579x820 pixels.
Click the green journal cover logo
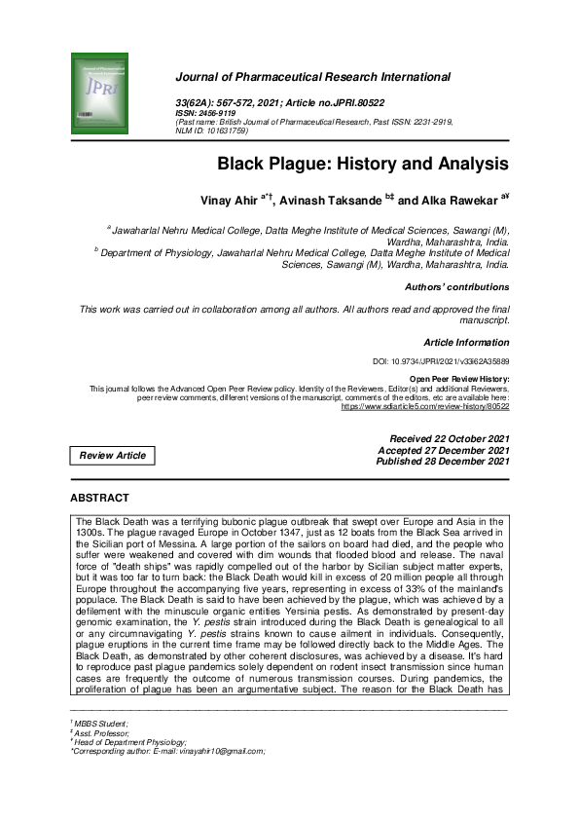[x=99, y=94]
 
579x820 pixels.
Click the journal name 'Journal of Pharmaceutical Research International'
[x=312, y=76]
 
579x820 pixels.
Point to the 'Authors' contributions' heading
[x=456, y=287]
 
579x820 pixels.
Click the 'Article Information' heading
[x=466, y=343]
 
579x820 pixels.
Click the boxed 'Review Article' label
[x=113, y=455]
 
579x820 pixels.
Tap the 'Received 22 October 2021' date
[x=449, y=439]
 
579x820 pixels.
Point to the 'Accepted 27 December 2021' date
[x=443, y=450]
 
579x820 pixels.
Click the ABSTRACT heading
[x=99, y=498]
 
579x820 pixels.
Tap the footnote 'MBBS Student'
[x=100, y=725]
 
